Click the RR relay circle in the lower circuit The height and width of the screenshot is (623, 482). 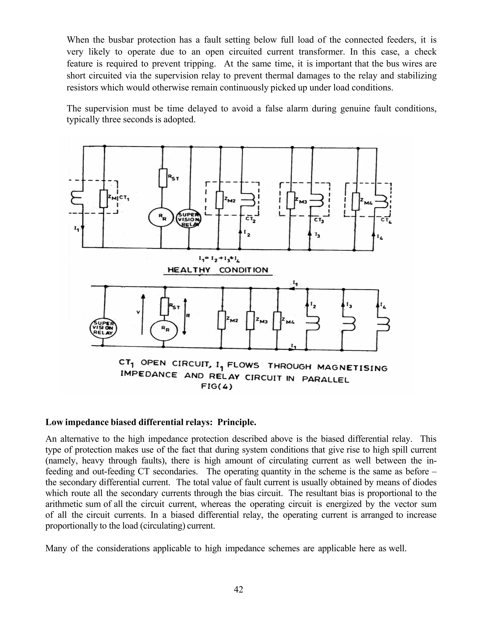(x=164, y=329)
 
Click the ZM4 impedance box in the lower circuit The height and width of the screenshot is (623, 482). (x=277, y=321)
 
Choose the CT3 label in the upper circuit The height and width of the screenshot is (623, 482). (x=318, y=220)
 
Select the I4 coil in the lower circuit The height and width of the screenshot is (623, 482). (x=383, y=324)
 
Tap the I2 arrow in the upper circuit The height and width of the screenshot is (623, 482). (x=240, y=232)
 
